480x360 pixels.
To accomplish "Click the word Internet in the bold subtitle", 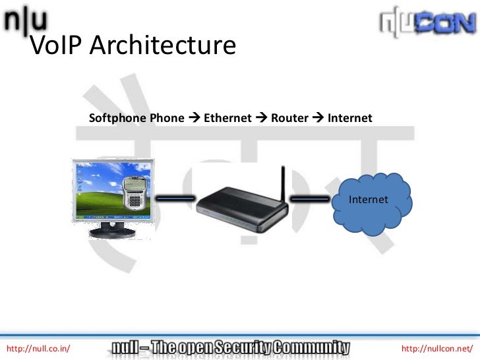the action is tap(350, 119).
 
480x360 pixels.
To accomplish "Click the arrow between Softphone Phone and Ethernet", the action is tap(194, 119).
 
